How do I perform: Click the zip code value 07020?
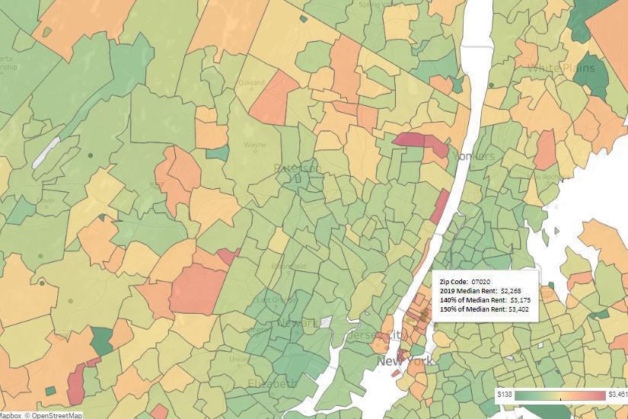[482, 282]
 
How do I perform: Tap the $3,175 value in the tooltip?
[520, 300]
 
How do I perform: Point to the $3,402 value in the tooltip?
[520, 309]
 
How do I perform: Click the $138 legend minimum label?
[504, 395]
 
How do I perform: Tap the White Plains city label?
[561, 69]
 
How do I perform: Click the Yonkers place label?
[473, 156]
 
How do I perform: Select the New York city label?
[404, 360]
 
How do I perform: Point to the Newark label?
[301, 323]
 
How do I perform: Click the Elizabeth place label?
[271, 383]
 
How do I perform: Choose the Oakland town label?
[251, 82]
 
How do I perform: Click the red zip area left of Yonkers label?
[419, 142]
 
